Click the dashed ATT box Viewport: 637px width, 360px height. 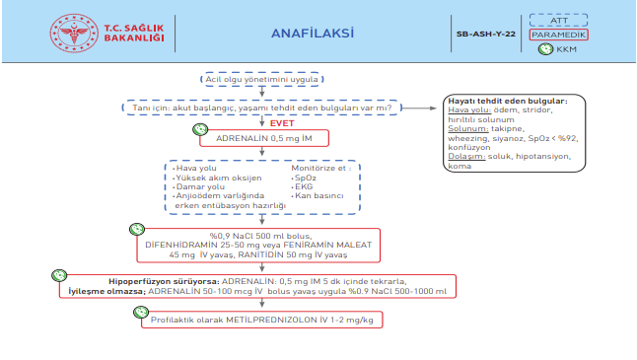pyautogui.click(x=558, y=19)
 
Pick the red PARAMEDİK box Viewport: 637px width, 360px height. pyautogui.click(x=558, y=34)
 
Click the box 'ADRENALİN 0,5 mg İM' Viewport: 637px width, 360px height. pyautogui.click(x=264, y=138)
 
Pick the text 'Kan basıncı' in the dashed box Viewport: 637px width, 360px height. pyautogui.click(x=321, y=196)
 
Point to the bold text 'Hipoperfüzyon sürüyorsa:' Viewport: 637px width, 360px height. pyautogui.click(x=128, y=282)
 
